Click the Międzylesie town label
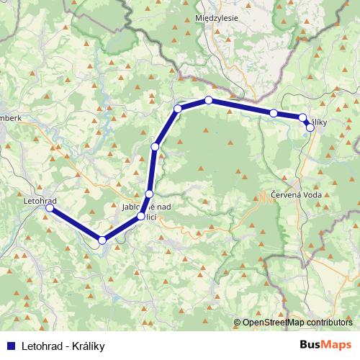pyautogui.click(x=217, y=17)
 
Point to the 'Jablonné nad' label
pyautogui.click(x=146, y=207)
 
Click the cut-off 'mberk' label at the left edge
pyautogui.click(x=12, y=117)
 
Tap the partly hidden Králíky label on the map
pyautogui.click(x=319, y=123)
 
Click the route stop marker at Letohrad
pyautogui.click(x=50, y=208)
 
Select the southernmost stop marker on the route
pyautogui.click(x=102, y=240)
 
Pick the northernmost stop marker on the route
pyautogui.click(x=208, y=100)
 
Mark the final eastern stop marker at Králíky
pyautogui.click(x=310, y=127)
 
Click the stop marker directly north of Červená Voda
pyautogui.click(x=274, y=113)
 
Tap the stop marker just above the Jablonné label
pyautogui.click(x=149, y=194)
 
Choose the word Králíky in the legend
pyautogui.click(x=89, y=346)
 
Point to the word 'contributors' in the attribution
pyautogui.click(x=330, y=323)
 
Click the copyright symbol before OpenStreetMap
pyautogui.click(x=237, y=323)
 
